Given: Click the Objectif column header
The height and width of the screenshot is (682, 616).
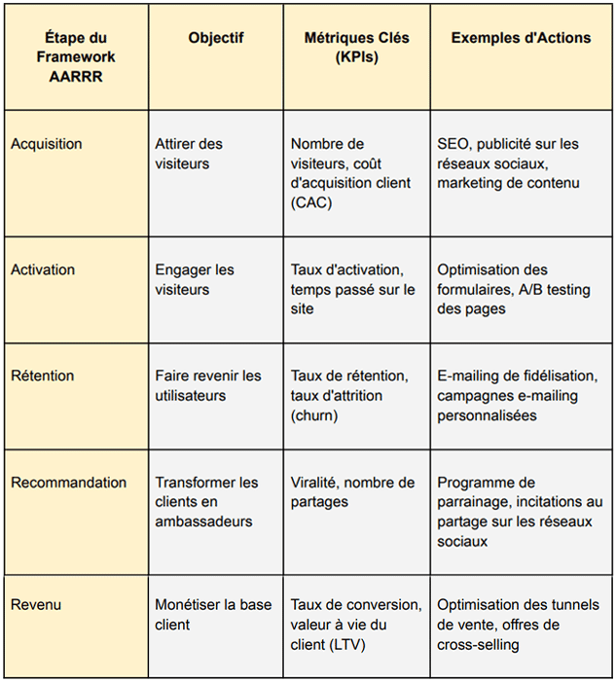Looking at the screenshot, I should tap(215, 38).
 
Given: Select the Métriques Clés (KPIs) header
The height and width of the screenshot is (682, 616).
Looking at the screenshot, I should tap(356, 48).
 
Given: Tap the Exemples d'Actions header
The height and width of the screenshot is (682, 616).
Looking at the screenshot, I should tap(521, 38).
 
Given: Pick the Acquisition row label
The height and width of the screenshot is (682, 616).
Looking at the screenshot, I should tap(46, 144).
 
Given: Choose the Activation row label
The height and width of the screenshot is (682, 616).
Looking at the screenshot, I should tap(43, 269).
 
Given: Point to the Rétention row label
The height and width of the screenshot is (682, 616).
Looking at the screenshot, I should tap(43, 376).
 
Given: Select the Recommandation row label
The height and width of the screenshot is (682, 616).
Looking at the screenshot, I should tap(68, 483).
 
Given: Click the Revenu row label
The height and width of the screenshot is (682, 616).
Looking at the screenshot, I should tap(36, 604).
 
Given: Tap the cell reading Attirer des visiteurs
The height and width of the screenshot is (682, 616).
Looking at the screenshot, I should tap(189, 154).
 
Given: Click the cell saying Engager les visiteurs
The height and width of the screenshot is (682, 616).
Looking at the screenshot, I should tap(195, 279).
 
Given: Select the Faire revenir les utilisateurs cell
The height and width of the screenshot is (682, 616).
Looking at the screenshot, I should tap(208, 385).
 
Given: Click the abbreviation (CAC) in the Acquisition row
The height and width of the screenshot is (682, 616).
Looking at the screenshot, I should tap(311, 202).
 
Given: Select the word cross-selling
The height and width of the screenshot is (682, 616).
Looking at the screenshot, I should tap(478, 643).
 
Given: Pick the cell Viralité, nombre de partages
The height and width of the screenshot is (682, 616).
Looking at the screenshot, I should tap(352, 492).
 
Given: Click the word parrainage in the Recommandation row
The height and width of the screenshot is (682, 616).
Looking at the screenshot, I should tap(473, 502).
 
